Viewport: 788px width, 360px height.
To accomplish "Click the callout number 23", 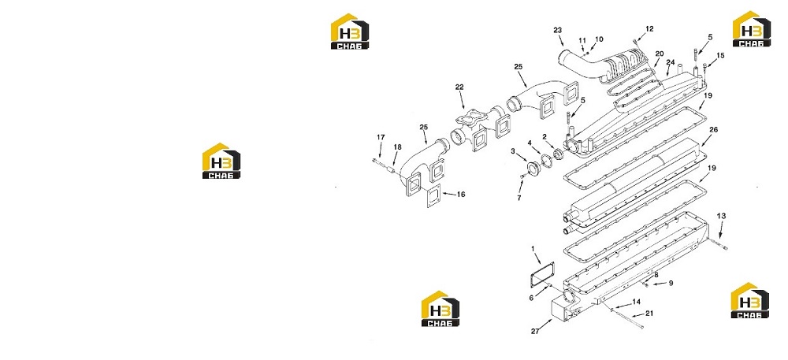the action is click(x=557, y=30).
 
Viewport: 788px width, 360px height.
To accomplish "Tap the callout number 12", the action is click(x=649, y=28).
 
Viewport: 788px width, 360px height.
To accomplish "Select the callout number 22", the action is click(x=459, y=87).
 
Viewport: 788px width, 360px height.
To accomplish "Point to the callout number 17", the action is click(x=381, y=137).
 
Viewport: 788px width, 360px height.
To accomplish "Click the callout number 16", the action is click(x=461, y=194).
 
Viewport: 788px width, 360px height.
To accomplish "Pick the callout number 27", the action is click(x=535, y=331).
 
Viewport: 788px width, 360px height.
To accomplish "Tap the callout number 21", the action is click(x=650, y=314).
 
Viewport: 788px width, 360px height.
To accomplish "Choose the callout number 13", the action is click(x=721, y=216).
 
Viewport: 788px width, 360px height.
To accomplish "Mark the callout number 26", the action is click(x=714, y=129).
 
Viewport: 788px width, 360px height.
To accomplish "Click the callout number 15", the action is click(x=720, y=55).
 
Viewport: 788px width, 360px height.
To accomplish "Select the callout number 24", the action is click(x=670, y=62).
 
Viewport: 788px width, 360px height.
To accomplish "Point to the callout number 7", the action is click(x=519, y=199).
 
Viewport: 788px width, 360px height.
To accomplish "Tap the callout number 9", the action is click(x=671, y=283).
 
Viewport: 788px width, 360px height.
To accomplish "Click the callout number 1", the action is click(x=533, y=248).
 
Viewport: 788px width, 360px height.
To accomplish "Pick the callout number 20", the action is click(x=660, y=54).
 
